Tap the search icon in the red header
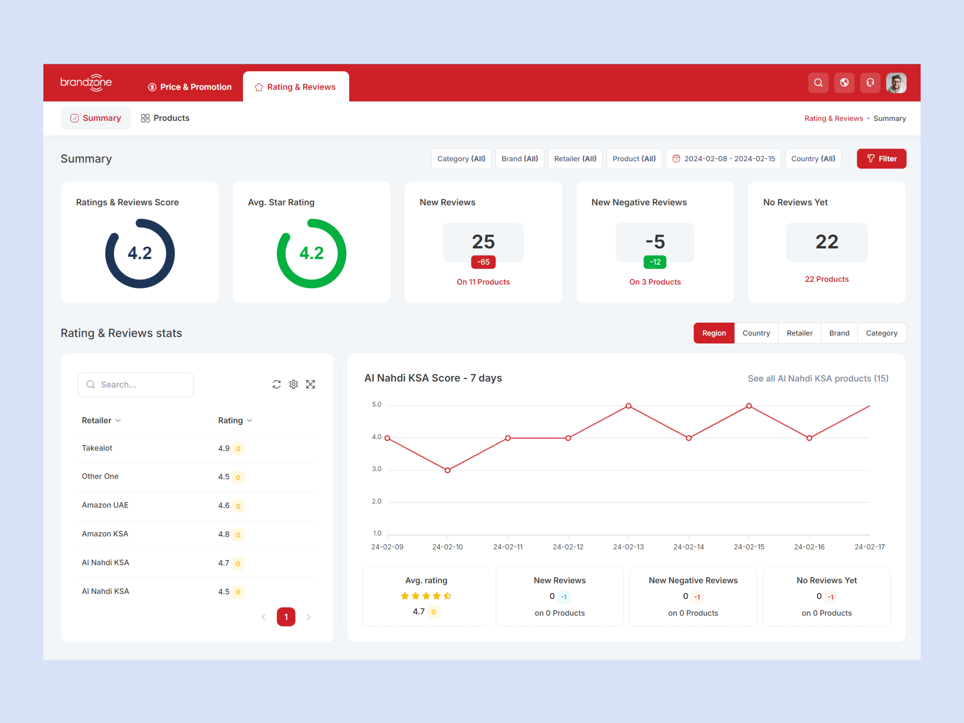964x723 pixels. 818,83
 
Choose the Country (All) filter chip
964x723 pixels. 813,159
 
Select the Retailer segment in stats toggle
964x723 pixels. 799,333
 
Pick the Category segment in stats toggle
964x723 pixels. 881,333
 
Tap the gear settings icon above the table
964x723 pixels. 293,384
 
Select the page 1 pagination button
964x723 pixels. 286,617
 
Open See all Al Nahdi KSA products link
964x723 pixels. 818,378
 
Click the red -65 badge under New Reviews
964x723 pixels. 483,262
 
